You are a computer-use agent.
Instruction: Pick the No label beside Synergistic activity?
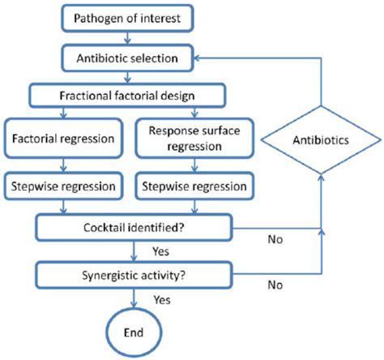point(275,285)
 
